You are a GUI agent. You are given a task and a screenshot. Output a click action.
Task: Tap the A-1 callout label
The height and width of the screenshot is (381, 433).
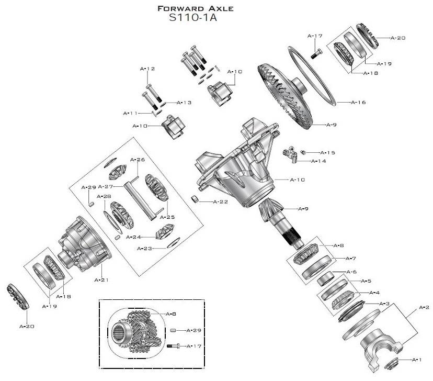click(x=417, y=360)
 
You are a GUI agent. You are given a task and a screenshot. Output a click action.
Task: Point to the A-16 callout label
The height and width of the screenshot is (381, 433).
click(x=358, y=102)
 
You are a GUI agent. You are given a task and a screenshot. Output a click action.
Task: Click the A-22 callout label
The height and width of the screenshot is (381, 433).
click(x=220, y=201)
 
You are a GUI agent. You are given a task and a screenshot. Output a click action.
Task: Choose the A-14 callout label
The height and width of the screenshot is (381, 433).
click(x=319, y=161)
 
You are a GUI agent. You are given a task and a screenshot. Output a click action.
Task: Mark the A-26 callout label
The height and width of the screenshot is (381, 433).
click(x=137, y=159)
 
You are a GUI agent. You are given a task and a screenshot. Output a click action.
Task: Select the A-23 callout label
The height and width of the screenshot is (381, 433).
click(x=144, y=248)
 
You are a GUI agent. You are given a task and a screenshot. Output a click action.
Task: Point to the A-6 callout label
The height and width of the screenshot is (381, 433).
click(x=351, y=272)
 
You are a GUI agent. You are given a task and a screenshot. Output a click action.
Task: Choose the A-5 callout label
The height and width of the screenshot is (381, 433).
click(x=366, y=281)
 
